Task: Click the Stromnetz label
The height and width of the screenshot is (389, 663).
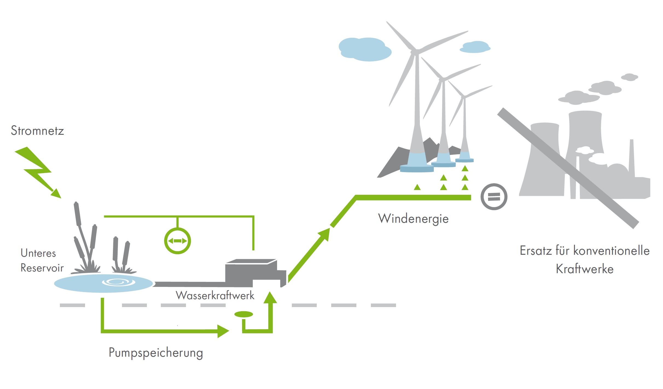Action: [x=37, y=131]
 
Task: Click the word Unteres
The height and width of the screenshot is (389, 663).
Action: [x=38, y=253]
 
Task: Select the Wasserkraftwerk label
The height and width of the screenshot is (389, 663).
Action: [x=215, y=295]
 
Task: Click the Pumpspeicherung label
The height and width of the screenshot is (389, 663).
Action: [x=156, y=353]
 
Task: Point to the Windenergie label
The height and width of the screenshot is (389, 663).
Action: [x=413, y=219]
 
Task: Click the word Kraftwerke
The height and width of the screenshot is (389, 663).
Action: [x=585, y=269]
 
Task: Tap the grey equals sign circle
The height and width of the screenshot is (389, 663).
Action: [x=494, y=197]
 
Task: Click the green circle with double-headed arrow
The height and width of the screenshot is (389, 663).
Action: [x=178, y=241]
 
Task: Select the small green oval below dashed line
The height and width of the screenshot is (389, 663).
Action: [x=243, y=314]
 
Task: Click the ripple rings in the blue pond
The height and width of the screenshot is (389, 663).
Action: [x=118, y=282]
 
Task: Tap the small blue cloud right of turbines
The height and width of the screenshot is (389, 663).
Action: [x=475, y=47]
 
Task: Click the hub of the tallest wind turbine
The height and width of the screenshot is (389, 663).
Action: [x=415, y=52]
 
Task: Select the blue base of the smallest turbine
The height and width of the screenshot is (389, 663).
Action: [x=464, y=157]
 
